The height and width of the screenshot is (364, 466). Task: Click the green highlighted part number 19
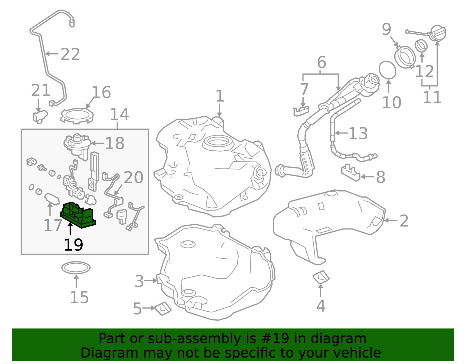point(77,215)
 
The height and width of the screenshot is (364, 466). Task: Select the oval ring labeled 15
point(76,268)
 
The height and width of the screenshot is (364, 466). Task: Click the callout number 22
point(70,54)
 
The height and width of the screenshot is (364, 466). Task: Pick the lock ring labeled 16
point(77,116)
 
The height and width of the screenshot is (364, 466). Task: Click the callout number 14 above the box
point(119,115)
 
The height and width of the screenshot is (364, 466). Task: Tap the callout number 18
point(115,143)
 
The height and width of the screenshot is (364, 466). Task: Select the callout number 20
point(133,177)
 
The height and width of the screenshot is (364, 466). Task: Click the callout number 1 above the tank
point(220,96)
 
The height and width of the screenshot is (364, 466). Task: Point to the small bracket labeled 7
point(301,111)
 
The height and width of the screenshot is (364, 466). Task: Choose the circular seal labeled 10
point(387,70)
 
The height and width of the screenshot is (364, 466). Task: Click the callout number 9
point(386,29)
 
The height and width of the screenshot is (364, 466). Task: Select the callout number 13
point(358,133)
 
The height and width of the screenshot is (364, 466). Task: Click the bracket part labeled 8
point(350,173)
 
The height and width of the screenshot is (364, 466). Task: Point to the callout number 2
point(404,221)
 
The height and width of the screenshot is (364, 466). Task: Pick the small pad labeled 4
point(321,277)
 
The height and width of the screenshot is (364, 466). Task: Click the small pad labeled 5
point(163,309)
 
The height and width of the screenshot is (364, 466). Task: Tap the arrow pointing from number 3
point(151,281)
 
